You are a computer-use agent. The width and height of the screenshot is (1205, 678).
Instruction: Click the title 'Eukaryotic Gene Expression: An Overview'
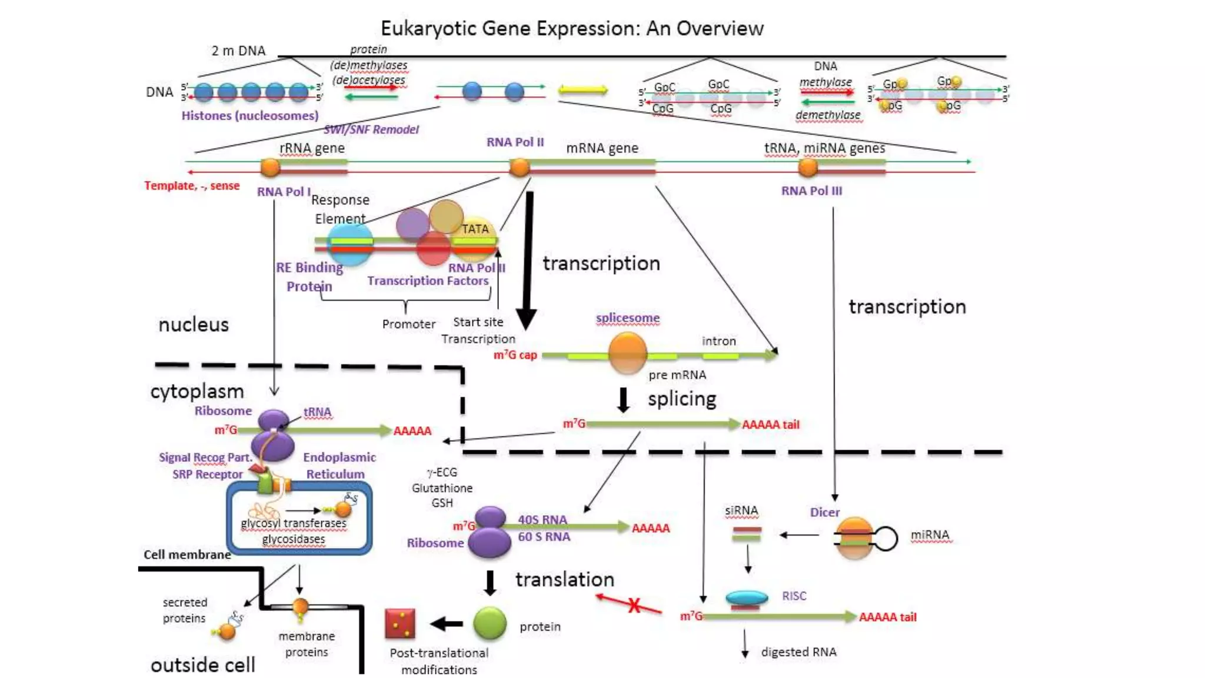(572, 28)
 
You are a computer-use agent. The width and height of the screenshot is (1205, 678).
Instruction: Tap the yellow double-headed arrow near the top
(582, 90)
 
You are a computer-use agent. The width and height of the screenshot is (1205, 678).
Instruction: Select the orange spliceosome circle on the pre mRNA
(627, 353)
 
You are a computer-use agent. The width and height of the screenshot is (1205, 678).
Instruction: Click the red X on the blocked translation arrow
(634, 606)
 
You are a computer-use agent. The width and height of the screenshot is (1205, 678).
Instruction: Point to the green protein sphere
(490, 624)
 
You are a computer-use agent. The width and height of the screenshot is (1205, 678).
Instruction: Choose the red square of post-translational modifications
(400, 624)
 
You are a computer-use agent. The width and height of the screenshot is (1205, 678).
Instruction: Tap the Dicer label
(824, 512)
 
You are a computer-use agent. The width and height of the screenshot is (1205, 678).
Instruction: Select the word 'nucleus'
(194, 324)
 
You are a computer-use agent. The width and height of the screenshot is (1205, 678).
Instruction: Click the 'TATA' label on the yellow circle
(475, 229)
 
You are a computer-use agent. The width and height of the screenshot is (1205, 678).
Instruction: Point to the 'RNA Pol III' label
(811, 191)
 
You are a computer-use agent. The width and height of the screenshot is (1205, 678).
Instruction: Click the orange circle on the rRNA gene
(270, 167)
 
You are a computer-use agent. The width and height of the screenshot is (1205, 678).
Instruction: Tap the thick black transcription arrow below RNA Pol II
(528, 259)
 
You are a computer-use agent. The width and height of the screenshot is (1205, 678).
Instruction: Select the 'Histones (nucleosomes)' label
(250, 115)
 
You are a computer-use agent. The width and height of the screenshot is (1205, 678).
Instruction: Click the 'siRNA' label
(741, 510)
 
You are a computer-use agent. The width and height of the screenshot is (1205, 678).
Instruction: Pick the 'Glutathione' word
(442, 488)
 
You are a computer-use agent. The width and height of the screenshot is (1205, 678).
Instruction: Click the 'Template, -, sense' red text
(192, 185)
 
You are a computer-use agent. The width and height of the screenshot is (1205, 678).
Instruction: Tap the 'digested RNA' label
(798, 652)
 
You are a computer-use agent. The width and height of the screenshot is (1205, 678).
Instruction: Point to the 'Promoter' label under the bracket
(408, 324)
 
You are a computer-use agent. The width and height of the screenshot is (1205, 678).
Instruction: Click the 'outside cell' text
(203, 665)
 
